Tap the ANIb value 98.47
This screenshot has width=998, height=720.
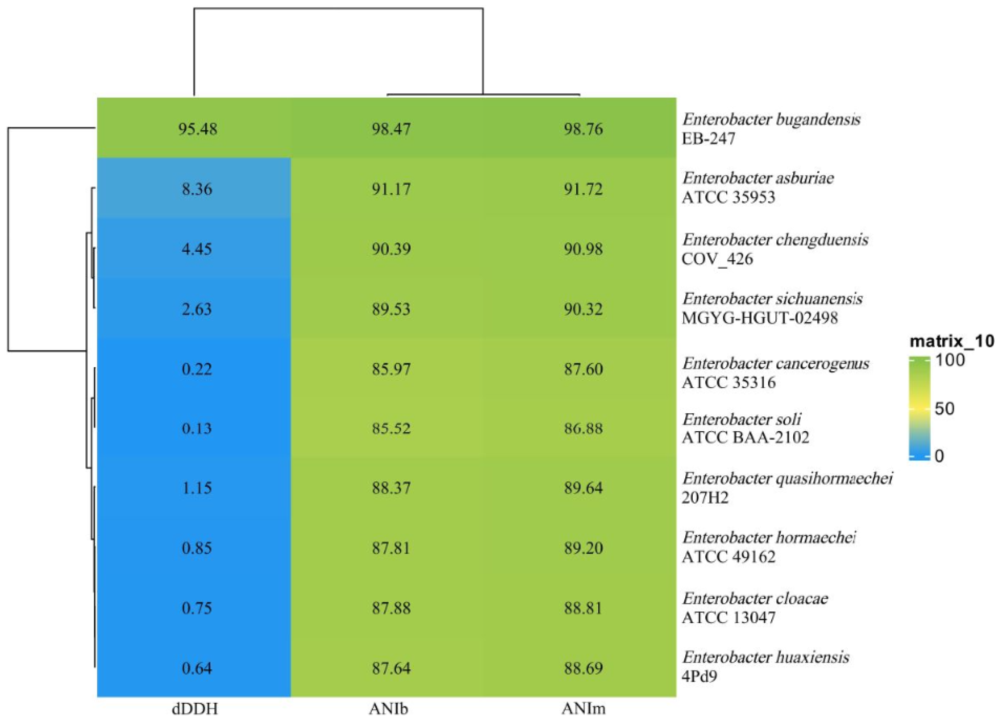[x=391, y=129]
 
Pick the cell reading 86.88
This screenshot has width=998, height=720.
[x=583, y=428]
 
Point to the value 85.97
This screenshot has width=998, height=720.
[x=391, y=368]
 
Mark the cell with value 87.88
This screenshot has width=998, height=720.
[x=391, y=608]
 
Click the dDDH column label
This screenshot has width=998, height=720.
[x=195, y=709]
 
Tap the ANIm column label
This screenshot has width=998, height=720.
[x=583, y=709]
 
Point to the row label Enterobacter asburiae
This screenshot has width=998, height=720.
[x=758, y=178]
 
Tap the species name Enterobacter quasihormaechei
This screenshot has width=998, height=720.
[x=787, y=478]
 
